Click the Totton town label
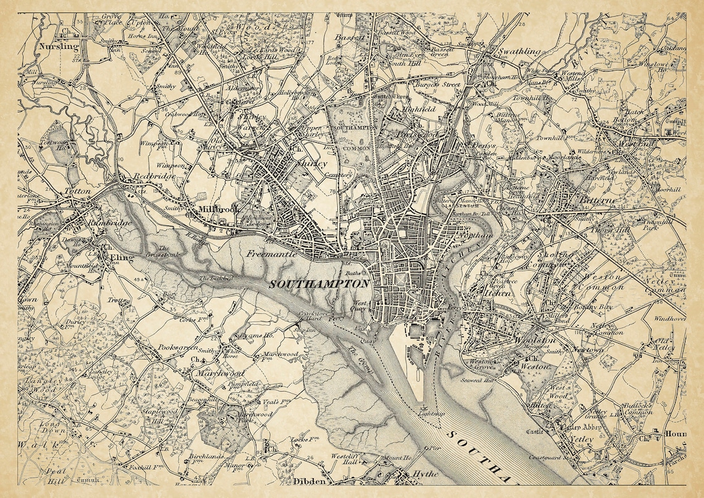point(77,192)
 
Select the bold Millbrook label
point(219,210)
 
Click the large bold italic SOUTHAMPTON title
point(319,284)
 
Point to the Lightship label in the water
point(430,413)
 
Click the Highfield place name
point(419,108)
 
